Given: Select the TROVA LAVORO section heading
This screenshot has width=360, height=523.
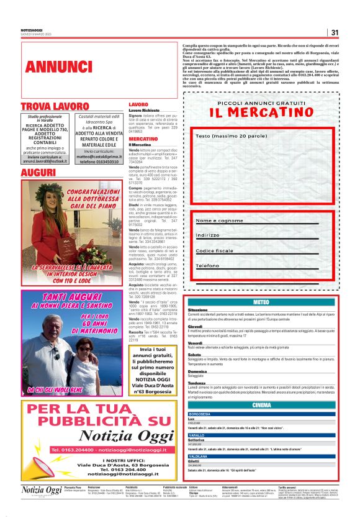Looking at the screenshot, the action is pyautogui.click(x=56, y=106).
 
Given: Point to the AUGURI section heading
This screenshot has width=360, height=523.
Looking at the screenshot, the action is pyautogui.click(x=38, y=170).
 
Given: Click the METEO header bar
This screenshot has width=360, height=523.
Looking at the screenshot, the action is pyautogui.click(x=261, y=302).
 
